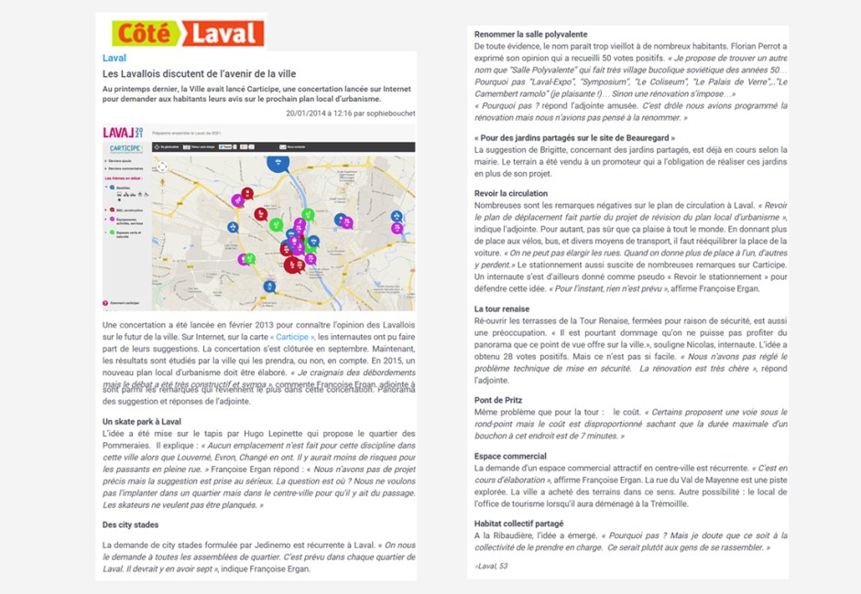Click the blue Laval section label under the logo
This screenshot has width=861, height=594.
tap(114, 58)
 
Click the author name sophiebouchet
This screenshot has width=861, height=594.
tap(385, 113)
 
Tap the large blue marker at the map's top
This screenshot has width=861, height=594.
tap(278, 162)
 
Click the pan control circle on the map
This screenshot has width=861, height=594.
tap(162, 167)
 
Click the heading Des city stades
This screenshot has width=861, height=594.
tap(130, 524)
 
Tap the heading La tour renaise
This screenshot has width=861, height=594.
tap(502, 309)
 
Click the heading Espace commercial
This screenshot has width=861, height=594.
tap(510, 456)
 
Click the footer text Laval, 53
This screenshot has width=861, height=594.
tap(491, 567)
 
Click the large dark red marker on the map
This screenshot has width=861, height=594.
tap(293, 264)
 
